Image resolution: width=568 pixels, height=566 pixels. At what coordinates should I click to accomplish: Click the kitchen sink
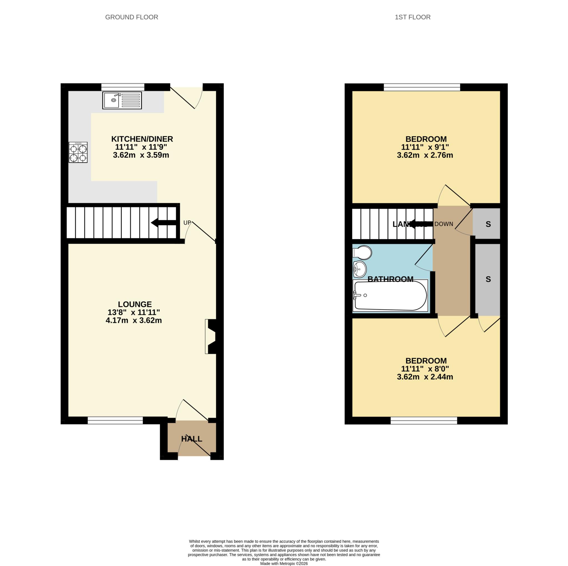122,100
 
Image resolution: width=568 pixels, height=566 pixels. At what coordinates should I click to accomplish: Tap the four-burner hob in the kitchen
78,152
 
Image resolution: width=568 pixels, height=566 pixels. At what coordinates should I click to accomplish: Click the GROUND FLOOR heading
131,17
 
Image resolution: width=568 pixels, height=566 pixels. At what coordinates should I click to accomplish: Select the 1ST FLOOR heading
412,17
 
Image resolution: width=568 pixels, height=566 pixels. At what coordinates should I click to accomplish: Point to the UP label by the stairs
187,223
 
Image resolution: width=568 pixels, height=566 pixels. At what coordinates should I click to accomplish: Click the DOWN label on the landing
444,224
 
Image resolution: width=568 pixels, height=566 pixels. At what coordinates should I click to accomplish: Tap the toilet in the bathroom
362,252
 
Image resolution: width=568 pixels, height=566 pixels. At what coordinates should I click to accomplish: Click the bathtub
390,295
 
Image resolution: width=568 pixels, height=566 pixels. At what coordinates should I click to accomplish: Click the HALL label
192,439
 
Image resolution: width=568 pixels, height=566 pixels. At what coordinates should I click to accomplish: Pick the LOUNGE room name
135,304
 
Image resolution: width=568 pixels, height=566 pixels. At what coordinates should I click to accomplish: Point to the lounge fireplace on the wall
211,336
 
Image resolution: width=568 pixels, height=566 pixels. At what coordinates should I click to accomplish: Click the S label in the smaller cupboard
488,224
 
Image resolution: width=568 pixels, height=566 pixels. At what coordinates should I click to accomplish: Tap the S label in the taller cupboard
488,279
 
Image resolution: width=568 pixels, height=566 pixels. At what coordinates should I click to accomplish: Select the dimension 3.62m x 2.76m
425,155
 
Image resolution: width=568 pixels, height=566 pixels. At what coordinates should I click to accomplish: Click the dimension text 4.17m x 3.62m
134,320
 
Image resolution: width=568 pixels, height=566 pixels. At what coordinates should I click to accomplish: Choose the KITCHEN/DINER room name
142,139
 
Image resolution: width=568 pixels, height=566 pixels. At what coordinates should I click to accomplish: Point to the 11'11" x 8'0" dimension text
425,369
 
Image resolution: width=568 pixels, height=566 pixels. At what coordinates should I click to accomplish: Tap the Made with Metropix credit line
284,563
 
